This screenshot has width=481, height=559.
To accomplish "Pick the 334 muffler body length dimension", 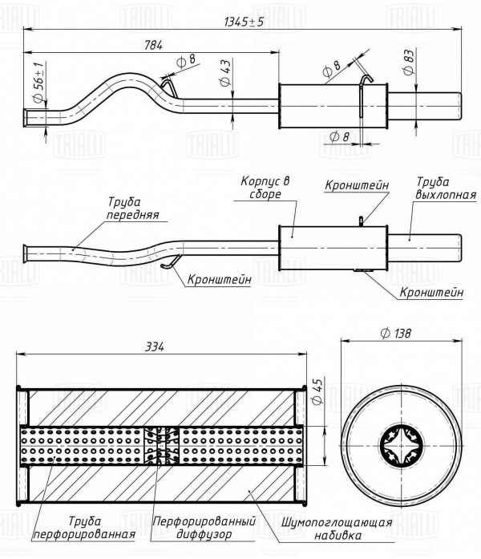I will click(156, 346).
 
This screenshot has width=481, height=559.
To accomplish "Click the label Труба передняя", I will click(132, 209).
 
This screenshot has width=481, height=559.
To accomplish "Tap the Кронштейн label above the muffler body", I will click(357, 185).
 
